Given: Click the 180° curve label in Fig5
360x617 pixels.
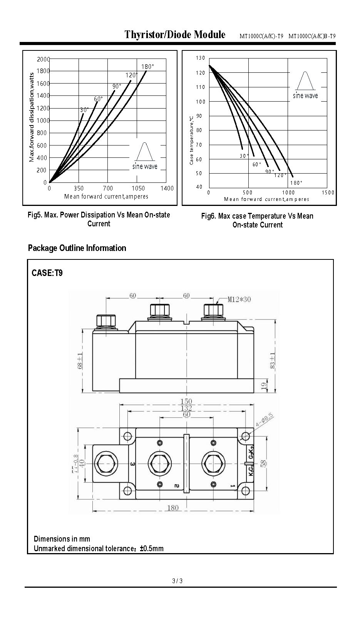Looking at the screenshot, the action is tap(147, 67).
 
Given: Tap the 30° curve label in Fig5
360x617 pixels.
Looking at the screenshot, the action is tap(84, 110).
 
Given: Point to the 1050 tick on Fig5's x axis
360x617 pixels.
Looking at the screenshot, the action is tap(138, 188).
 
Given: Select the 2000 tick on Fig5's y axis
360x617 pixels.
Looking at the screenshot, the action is tap(43, 59).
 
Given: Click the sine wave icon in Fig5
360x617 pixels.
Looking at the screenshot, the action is tap(145, 152).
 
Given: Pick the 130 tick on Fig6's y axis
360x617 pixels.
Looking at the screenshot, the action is tap(201, 58).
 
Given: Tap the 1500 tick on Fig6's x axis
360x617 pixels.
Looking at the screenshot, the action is tap(328, 192).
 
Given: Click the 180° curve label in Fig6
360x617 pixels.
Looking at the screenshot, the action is tap(296, 182).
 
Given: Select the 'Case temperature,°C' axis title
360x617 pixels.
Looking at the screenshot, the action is tap(191, 140).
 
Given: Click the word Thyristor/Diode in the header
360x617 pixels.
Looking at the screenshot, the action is tap(158, 35).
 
